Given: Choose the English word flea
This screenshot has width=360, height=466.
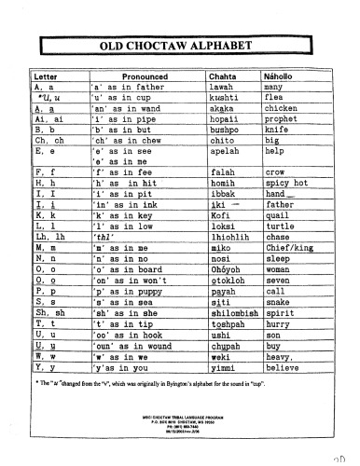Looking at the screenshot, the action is pos(275,96).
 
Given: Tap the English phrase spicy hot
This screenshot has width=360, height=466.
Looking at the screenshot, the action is pos(286,183).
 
